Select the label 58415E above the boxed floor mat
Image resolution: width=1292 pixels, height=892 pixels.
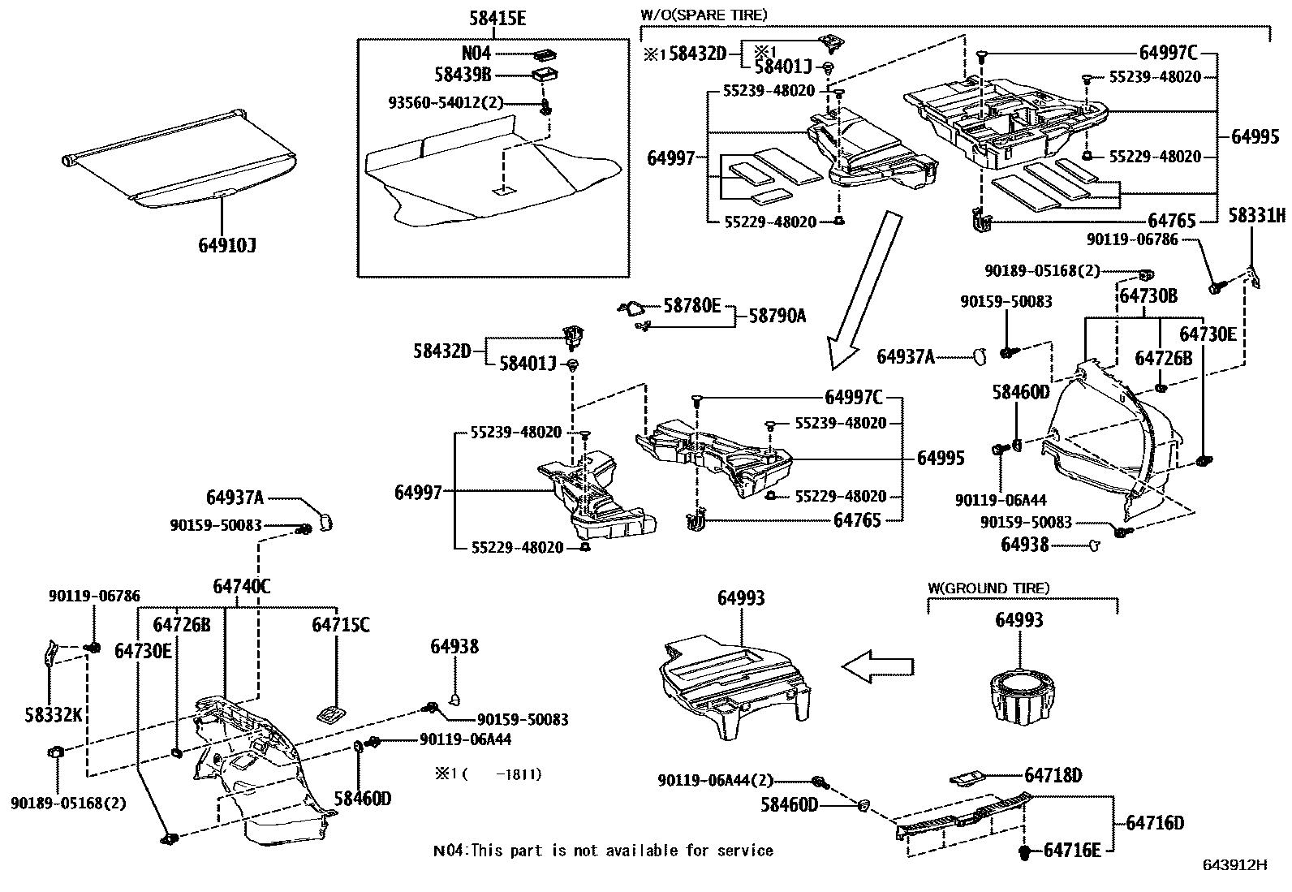[497, 17]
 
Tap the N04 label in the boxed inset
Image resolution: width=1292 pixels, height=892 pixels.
[476, 54]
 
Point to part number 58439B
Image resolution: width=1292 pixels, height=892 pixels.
[463, 75]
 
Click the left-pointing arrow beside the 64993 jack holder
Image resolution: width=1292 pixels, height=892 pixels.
[877, 666]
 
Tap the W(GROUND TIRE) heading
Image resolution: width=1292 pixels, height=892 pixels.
[988, 588]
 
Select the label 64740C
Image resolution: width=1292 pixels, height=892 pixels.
[242, 586]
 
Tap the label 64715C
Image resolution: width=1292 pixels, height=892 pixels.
[341, 625]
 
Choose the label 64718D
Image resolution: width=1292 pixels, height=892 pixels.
[1053, 775]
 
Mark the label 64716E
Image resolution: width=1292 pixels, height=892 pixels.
[1072, 850]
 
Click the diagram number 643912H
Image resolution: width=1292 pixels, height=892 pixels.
[1234, 865]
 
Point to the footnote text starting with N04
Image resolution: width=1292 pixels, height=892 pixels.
[603, 851]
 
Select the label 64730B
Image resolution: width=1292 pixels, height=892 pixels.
[1148, 296]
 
